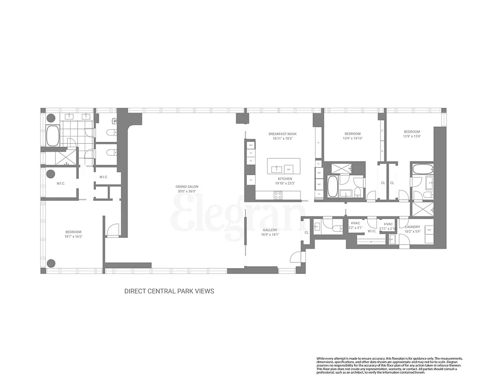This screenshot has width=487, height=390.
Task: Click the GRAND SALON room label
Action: click(x=187, y=187)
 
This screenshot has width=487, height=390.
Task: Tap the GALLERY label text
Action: click(x=270, y=230)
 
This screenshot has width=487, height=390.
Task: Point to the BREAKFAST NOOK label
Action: click(x=282, y=134)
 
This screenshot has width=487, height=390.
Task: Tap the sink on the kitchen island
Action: click(x=277, y=169)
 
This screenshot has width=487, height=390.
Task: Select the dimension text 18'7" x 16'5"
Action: click(x=74, y=236)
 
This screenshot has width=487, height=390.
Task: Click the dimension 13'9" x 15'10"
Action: click(x=353, y=138)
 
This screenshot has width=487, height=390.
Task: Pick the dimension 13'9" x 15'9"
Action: click(x=412, y=136)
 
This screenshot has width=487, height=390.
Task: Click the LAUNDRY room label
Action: click(x=412, y=227)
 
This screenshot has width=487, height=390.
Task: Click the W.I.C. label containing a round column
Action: click(x=60, y=183)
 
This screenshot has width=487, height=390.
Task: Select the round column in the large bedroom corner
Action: click(x=51, y=264)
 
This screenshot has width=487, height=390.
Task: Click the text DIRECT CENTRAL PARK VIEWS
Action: click(x=169, y=291)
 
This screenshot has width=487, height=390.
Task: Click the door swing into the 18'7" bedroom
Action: click(x=113, y=230)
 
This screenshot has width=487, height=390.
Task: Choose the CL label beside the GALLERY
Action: click(x=306, y=233)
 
